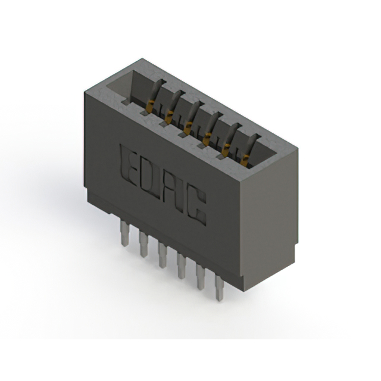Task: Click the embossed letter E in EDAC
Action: pos(130,164)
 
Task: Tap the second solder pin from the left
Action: pos(143,244)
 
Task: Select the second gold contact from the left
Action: pos(171,115)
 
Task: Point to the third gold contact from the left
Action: pos(189,125)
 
